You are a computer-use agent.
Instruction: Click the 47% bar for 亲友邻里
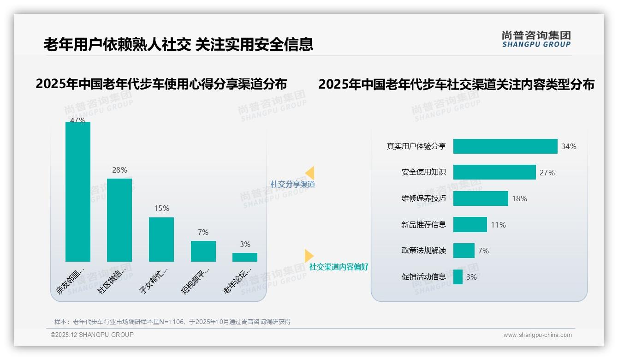click(x=78, y=192)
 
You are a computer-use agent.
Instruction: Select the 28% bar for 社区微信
click(x=119, y=220)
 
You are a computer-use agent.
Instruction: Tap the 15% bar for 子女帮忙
click(x=161, y=239)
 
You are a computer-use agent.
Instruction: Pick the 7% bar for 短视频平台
click(x=203, y=251)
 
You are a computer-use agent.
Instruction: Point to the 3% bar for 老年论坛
click(x=245, y=257)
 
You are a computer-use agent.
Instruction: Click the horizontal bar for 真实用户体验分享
click(x=505, y=146)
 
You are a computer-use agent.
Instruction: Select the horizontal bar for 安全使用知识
click(x=494, y=172)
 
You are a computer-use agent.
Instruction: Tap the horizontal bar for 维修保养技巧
click(x=481, y=198)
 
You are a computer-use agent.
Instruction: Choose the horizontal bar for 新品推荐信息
click(x=470, y=225)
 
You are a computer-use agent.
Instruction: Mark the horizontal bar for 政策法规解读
click(x=463, y=251)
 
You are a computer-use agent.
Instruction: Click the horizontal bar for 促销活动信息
click(x=458, y=277)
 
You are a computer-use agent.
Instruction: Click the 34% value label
click(x=569, y=146)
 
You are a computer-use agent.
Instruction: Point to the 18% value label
click(x=519, y=198)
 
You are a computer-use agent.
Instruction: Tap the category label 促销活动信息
click(x=423, y=277)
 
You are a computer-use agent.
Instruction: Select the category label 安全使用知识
click(x=423, y=172)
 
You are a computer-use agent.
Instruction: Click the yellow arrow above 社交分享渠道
click(x=310, y=173)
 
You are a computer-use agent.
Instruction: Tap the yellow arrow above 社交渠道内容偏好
click(x=309, y=256)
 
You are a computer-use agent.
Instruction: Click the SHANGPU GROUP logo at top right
click(x=536, y=39)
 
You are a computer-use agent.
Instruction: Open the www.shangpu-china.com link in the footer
click(x=537, y=335)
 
